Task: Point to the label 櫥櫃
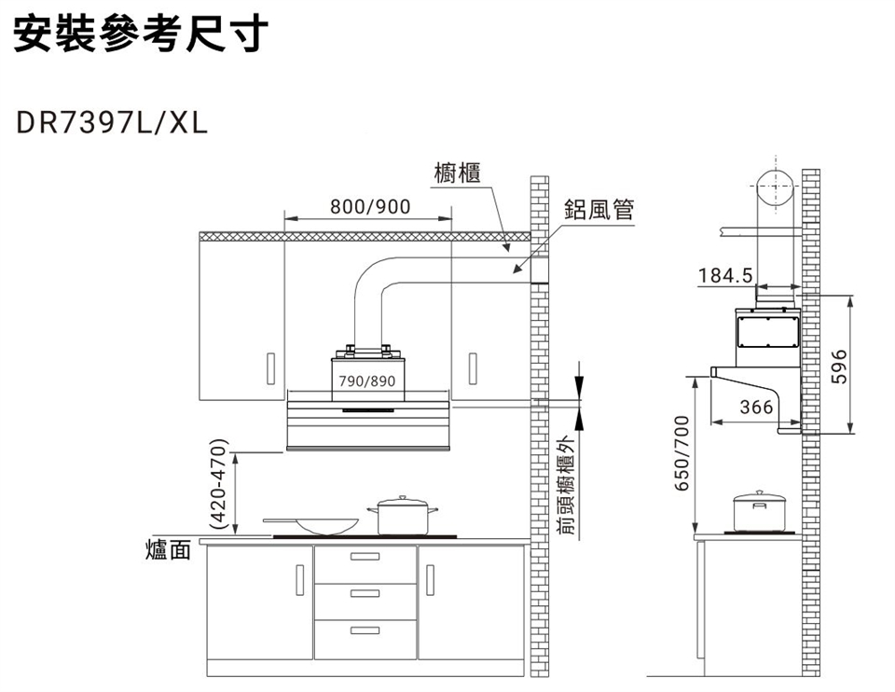458,173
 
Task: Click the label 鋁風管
598,211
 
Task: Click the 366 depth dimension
755,408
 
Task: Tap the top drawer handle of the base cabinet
365,558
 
